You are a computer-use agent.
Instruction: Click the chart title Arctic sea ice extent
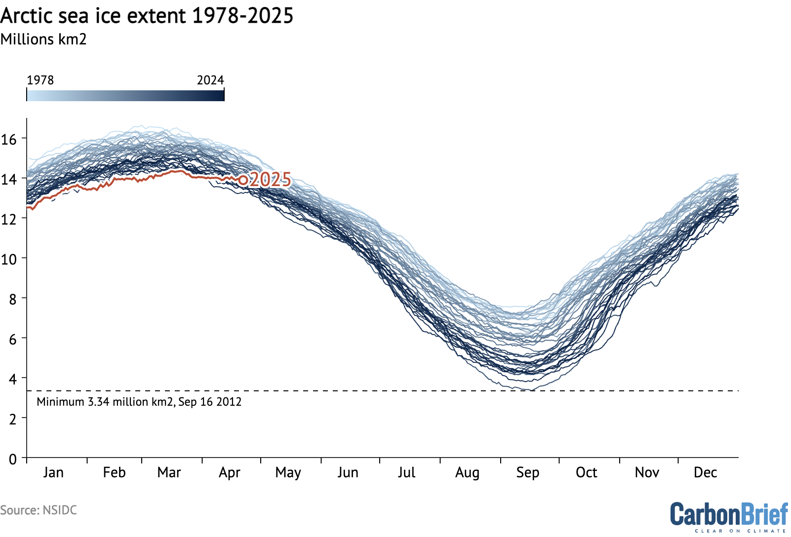(x=147, y=16)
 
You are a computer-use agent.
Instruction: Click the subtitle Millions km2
(x=43, y=39)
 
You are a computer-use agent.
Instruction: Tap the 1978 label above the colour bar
(x=40, y=80)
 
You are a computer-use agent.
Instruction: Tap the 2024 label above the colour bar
(x=210, y=80)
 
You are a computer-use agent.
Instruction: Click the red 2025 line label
(x=271, y=180)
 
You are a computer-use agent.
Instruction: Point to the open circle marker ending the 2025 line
(x=243, y=180)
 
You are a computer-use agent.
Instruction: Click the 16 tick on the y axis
(x=9, y=139)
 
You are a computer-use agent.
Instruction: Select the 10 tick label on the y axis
(x=9, y=259)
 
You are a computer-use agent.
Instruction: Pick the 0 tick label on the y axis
(x=13, y=459)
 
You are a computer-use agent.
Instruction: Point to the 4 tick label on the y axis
(x=13, y=379)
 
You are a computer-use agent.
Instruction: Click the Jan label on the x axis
(x=53, y=472)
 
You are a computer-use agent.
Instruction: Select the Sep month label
(x=528, y=472)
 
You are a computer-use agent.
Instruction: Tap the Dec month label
(x=705, y=472)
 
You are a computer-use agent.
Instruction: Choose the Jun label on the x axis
(x=348, y=472)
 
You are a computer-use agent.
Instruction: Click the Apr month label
(x=230, y=472)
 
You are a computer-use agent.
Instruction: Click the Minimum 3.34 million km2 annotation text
(x=139, y=402)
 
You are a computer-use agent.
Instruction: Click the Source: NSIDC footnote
(x=39, y=510)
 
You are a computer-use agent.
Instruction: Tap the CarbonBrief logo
(x=729, y=516)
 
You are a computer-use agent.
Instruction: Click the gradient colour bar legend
(x=125, y=95)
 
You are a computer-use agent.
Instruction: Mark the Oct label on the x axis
(x=587, y=472)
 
